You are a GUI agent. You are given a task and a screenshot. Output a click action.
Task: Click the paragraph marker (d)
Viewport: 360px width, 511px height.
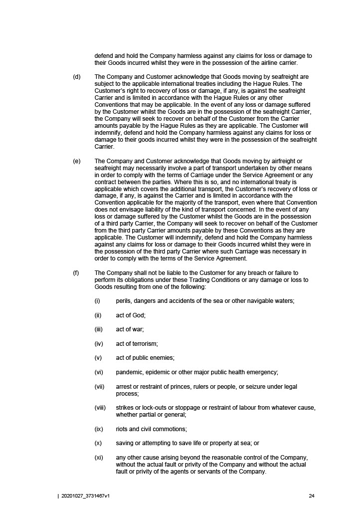pyautogui.click(x=77, y=77)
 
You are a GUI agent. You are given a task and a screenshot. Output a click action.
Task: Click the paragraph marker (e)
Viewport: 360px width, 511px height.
pyautogui.click(x=77, y=161)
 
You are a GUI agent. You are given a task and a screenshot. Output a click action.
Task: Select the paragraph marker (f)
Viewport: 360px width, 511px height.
pyautogui.click(x=76, y=273)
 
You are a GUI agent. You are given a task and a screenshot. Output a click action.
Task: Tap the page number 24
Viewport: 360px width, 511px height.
pyautogui.click(x=312, y=496)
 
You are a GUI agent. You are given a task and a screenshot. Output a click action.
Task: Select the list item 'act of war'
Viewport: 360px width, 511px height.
pyautogui.click(x=130, y=329)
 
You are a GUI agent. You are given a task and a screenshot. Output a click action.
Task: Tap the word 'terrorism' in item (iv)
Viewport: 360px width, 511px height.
pyautogui.click(x=145, y=344)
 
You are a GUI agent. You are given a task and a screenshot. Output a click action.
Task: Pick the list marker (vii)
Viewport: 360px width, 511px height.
pyautogui.click(x=100, y=387)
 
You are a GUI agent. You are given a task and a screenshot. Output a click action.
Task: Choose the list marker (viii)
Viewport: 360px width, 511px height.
pyautogui.click(x=100, y=408)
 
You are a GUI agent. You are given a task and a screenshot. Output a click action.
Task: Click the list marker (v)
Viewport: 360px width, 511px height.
pyautogui.click(x=98, y=358)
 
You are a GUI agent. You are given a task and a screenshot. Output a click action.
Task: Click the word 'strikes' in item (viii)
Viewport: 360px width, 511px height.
pyautogui.click(x=125, y=408)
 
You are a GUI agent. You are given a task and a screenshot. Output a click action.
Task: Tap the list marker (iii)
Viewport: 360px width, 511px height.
pyautogui.click(x=99, y=329)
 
